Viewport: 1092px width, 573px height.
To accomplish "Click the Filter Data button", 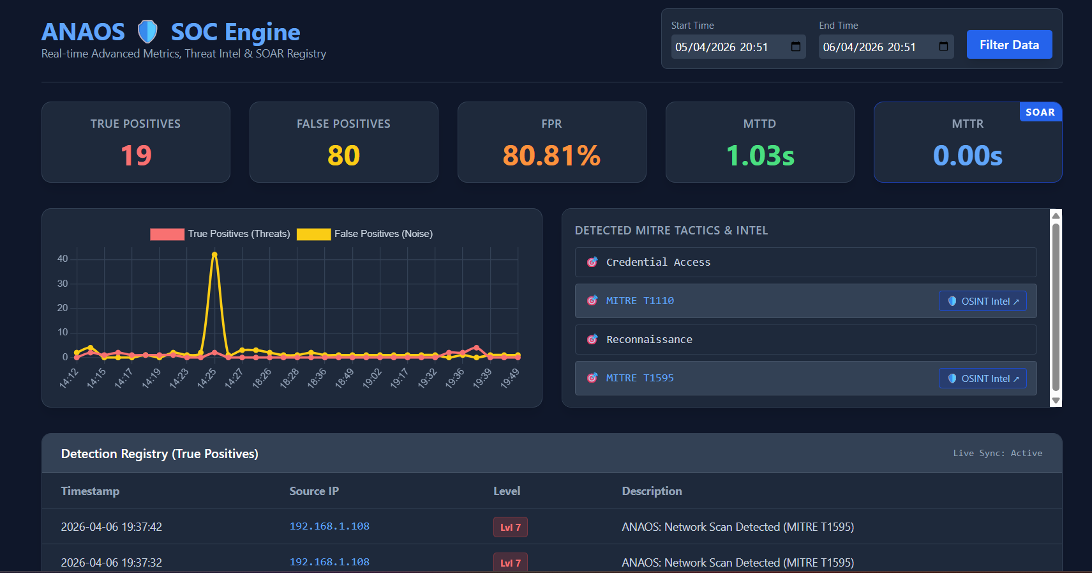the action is tap(1009, 45).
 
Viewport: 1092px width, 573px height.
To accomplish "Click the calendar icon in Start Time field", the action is tap(796, 47).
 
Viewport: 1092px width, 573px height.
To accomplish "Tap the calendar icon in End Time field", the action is tap(943, 47).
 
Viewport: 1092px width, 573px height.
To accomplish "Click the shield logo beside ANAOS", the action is tap(147, 32).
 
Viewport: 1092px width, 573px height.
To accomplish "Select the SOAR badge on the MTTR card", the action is tap(1040, 112).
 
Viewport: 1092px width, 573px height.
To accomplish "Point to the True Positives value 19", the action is tap(136, 156).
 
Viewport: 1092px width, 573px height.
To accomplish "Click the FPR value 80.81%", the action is tap(551, 156).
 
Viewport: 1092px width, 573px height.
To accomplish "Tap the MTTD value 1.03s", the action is tap(760, 156).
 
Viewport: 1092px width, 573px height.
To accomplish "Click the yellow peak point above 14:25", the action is tap(214, 255).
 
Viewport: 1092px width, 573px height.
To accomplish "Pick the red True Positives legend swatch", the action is tap(167, 234).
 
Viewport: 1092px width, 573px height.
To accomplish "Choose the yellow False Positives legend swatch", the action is tap(314, 234).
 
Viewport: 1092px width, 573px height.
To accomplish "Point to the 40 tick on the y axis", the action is tap(63, 259).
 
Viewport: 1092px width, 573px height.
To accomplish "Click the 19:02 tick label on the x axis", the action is tap(373, 378).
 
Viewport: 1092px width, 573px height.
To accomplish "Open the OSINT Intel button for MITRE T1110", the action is tap(983, 301).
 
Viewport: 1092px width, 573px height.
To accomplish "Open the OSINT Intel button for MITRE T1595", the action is tap(983, 378).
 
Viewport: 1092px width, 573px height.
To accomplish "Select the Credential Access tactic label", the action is tap(658, 262).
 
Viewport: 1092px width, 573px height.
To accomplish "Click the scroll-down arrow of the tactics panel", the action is tap(1056, 401).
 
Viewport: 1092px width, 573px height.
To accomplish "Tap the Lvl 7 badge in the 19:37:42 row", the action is tap(511, 527).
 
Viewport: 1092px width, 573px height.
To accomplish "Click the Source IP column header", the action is tap(314, 491).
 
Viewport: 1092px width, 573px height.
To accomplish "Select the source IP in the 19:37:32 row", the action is tap(329, 562).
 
